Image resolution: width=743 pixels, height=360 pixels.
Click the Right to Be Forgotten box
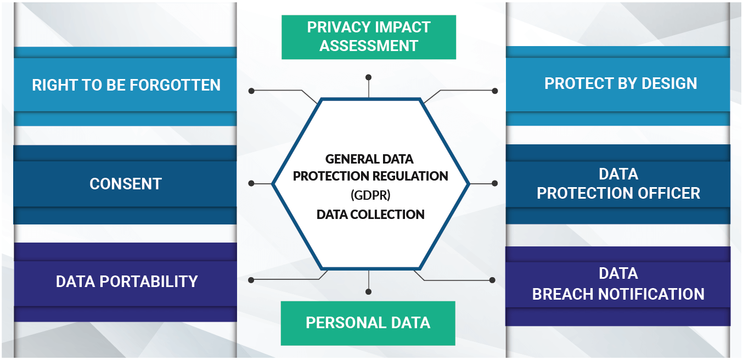click(126, 85)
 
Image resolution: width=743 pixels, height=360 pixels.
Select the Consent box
click(126, 184)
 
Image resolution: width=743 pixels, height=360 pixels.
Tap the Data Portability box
click(126, 282)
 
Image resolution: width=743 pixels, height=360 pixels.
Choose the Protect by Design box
click(620, 83)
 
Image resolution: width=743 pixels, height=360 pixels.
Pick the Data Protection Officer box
click(618, 184)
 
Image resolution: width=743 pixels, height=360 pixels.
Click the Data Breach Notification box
click(618, 284)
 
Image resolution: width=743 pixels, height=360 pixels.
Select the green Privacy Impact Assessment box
click(368, 36)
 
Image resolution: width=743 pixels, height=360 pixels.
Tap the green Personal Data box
click(368, 323)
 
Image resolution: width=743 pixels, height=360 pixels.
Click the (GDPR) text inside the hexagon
click(370, 195)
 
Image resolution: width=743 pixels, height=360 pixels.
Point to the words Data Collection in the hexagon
click(370, 215)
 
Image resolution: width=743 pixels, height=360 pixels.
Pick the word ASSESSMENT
click(369, 46)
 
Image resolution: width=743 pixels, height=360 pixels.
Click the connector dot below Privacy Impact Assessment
click(369, 77)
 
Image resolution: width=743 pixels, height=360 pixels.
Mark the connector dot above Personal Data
click(369, 291)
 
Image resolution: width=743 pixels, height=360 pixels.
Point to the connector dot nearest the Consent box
click(251, 183)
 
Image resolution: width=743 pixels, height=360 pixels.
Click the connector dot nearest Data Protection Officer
click(494, 183)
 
